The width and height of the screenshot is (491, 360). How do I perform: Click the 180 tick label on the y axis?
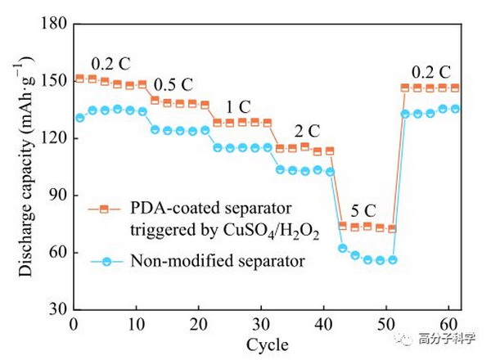pos(54,23)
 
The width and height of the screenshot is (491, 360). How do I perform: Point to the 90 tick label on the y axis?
pos(59,196)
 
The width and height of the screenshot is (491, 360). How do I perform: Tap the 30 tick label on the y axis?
pos(59,309)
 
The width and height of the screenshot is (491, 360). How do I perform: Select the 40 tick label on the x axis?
pos(324,324)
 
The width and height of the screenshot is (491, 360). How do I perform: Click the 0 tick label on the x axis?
pos(74,324)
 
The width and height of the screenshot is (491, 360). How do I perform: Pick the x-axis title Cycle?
pos(268,345)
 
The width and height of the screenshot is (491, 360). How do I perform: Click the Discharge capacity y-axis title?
pos(25,167)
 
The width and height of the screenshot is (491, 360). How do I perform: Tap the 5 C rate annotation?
pos(363,210)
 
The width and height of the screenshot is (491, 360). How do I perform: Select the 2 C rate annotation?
pos(307,131)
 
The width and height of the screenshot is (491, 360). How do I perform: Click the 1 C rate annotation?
pos(239,107)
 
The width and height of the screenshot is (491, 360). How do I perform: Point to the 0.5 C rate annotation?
pos(173,84)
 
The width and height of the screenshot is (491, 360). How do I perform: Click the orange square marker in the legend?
pos(104,209)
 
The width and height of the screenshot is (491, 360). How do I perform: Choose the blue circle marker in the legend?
pos(106,261)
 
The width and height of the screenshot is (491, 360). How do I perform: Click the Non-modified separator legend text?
pos(218,261)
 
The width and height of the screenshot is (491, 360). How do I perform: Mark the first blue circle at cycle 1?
pos(80,118)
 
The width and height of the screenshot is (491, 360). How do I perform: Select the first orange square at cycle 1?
pos(80,79)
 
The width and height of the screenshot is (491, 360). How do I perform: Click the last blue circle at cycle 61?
pos(455,109)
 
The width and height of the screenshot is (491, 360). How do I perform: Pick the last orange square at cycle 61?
pos(455,88)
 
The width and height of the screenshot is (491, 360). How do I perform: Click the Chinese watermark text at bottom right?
pos(447,339)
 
